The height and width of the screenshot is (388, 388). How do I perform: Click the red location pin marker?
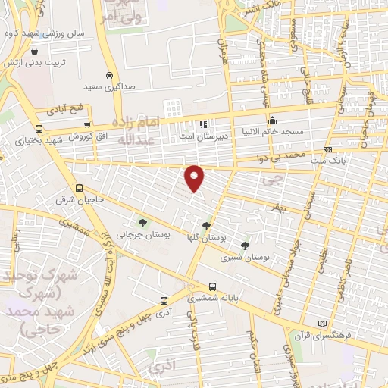pyautogui.click(x=195, y=177)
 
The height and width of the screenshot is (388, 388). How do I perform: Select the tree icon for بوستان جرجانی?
pyautogui.click(x=142, y=223)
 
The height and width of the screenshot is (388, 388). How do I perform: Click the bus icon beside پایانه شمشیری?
pyautogui.click(x=212, y=286)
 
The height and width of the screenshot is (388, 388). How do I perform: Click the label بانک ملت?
pyautogui.click(x=349, y=161)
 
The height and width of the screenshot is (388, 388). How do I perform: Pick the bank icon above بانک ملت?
pyautogui.click(x=327, y=150)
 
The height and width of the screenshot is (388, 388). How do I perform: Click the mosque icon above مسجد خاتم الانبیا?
pyautogui.click(x=273, y=120)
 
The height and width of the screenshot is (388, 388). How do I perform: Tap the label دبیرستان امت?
pyautogui.click(x=199, y=136)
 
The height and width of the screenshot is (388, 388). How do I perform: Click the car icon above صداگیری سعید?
pyautogui.click(x=110, y=76)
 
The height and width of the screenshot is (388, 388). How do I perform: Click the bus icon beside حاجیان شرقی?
pyautogui.click(x=80, y=189)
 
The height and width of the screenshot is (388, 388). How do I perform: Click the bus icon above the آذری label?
pyautogui.click(x=164, y=301)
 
